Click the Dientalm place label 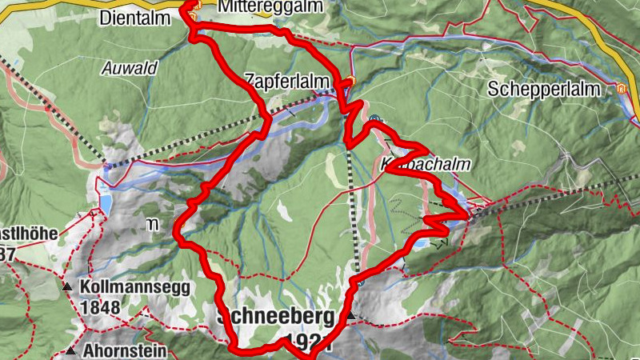coord(135,17)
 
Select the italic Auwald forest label coord(129,68)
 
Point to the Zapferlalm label coord(286,79)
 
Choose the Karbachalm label coord(423,164)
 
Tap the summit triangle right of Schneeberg coord(350,318)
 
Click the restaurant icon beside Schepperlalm coord(621,89)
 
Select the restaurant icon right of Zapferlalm coord(350,80)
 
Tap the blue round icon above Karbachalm coord(374,120)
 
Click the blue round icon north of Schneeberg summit coord(362,282)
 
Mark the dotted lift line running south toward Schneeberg coord(354,216)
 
